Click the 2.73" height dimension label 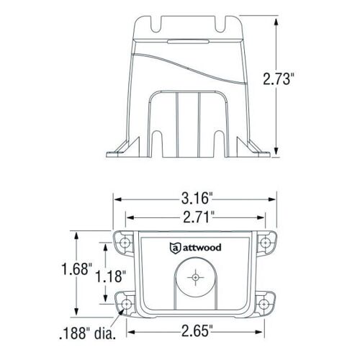coord(279,79)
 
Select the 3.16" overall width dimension coord(197,199)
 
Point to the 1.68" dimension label coord(77,269)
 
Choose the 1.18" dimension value coord(111,276)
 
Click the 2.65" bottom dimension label coord(197,331)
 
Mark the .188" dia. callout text coord(87,333)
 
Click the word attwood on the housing coord(202,248)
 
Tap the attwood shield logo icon coord(175,248)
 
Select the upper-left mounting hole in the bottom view coord(125,243)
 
